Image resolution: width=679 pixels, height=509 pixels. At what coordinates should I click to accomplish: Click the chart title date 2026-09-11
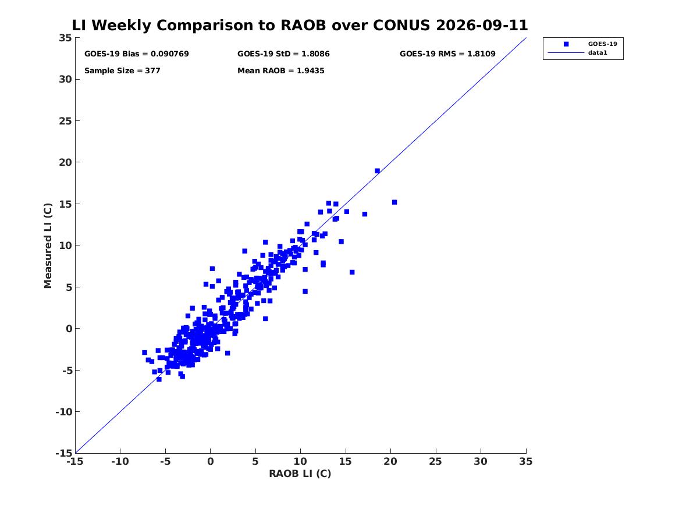point(482,25)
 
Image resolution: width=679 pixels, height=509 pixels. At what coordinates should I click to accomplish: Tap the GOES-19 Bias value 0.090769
point(170,54)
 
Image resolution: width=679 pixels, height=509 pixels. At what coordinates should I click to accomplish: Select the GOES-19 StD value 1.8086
point(316,54)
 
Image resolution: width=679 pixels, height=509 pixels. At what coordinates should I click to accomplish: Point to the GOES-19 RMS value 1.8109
point(481,54)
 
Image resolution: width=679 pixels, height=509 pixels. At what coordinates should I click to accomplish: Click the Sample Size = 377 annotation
point(122,70)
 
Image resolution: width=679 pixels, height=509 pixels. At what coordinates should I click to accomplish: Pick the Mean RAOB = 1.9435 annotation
point(280,70)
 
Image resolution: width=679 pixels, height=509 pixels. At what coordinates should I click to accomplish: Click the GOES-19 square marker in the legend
point(566,44)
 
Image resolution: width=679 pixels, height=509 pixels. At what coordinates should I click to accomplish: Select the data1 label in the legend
point(598,52)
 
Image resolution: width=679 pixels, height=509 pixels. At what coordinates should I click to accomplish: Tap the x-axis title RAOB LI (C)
point(300,474)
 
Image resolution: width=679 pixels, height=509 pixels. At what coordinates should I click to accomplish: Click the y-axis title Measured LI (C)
point(48,245)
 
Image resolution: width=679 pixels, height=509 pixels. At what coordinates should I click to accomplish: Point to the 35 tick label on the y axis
point(65,38)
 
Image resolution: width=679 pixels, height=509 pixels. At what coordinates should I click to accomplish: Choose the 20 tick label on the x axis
point(390,461)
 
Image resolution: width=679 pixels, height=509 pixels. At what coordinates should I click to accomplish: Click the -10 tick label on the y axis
point(63,412)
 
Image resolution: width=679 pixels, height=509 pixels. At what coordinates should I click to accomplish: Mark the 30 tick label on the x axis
point(480,461)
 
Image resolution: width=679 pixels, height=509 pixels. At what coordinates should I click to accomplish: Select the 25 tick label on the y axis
point(65,121)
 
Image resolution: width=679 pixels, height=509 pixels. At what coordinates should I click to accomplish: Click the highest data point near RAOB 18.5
point(377,171)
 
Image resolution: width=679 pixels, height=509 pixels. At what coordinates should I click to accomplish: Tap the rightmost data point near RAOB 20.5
point(394,202)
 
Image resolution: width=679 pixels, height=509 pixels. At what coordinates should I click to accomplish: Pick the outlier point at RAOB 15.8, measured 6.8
point(352,272)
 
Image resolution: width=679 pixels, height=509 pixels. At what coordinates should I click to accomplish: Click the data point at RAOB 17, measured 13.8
point(365,214)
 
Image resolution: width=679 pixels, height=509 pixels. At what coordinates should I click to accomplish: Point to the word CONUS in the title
point(401,25)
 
